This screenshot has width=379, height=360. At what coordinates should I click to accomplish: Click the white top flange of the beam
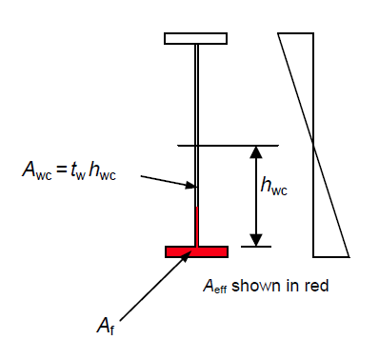click(x=195, y=38)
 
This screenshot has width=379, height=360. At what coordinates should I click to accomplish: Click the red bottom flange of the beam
click(x=196, y=251)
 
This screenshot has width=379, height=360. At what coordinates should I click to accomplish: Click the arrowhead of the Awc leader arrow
click(x=191, y=186)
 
